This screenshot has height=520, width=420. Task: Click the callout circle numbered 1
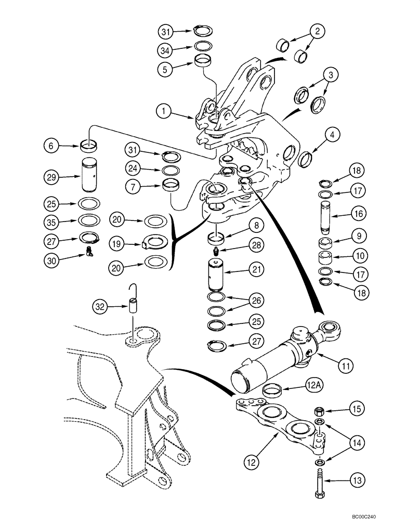click(x=164, y=110)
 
